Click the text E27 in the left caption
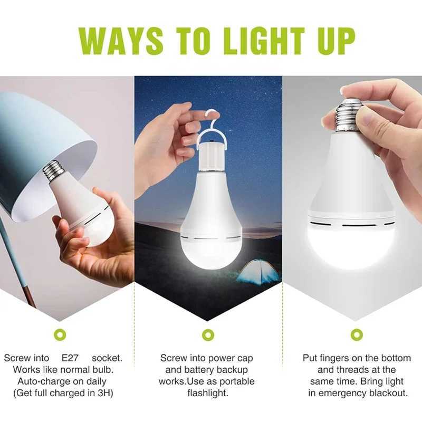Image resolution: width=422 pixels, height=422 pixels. [70, 358]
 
